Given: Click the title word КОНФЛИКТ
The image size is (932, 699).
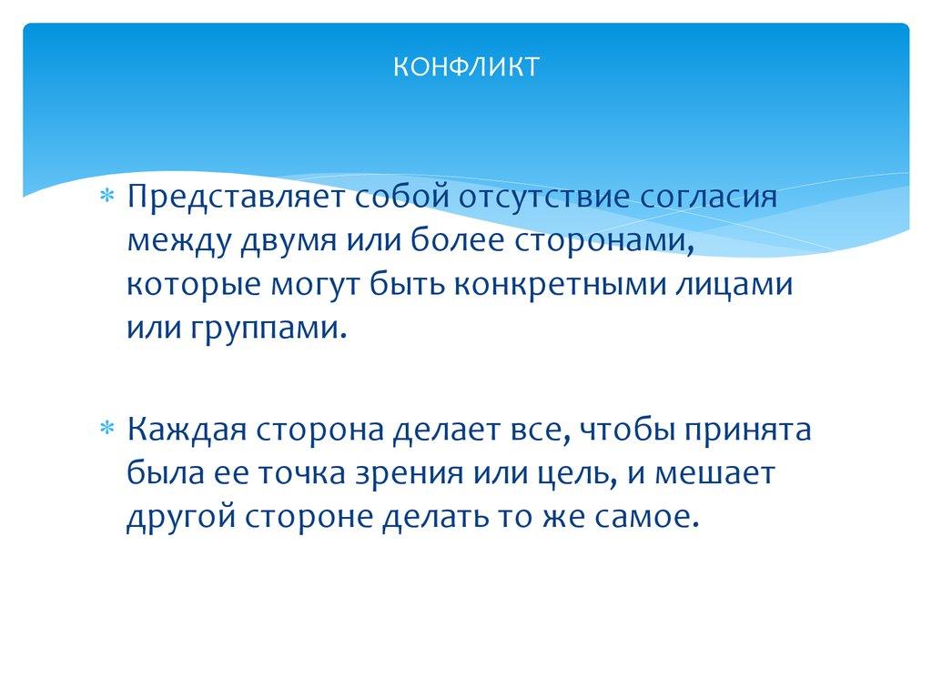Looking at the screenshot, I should [466, 66].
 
